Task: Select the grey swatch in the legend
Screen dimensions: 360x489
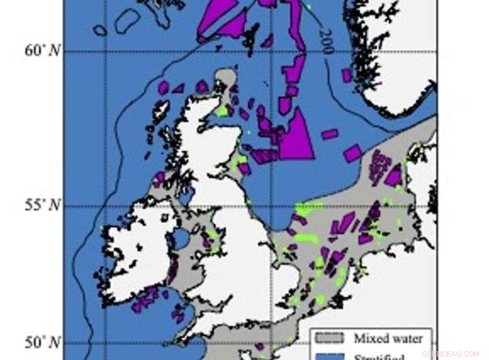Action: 331,338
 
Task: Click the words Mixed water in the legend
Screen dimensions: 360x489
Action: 387,338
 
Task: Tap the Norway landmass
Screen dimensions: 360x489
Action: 394,61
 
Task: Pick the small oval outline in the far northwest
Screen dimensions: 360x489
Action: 100,31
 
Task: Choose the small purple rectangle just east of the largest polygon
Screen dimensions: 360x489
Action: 329,134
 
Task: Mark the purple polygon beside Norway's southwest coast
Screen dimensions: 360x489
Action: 346,75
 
